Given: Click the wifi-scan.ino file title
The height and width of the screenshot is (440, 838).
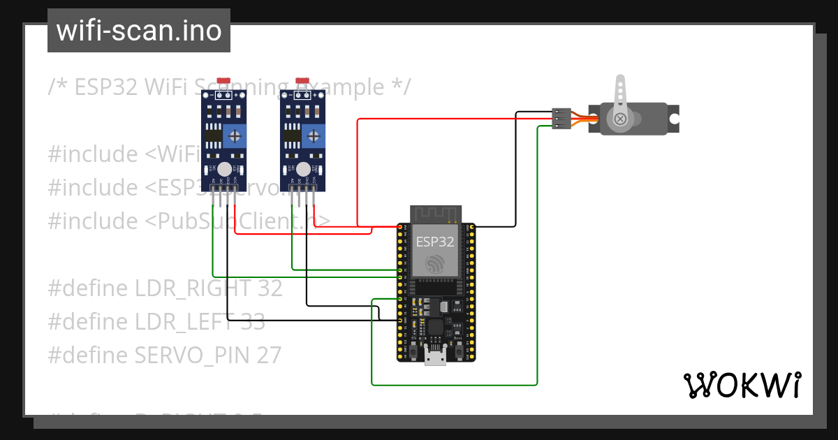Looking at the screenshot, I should (138, 31).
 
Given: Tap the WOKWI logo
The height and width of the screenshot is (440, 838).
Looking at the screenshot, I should (741, 385).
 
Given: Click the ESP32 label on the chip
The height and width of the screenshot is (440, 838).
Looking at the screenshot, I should (435, 242).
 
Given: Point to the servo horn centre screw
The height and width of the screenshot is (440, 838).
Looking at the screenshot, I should (619, 119).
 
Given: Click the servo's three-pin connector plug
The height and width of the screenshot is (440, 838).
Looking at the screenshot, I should (561, 119).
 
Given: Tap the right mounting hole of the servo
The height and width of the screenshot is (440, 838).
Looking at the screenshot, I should (673, 119).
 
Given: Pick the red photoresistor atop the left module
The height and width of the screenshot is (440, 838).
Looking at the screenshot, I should (224, 82).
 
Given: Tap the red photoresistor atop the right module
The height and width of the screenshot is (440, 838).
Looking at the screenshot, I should (302, 82).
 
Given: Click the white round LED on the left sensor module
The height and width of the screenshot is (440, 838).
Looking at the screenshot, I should (224, 169).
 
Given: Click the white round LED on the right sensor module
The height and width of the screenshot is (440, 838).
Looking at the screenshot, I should (302, 169).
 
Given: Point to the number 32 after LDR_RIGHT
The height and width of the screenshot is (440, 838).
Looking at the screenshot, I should (269, 288).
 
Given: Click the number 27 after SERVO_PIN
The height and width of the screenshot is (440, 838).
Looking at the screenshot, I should (268, 355).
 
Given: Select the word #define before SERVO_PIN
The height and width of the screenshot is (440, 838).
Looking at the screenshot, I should (88, 355).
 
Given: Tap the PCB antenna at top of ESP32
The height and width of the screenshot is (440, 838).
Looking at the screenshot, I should (436, 213).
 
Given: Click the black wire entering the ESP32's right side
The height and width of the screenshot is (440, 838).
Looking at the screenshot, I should (496, 227).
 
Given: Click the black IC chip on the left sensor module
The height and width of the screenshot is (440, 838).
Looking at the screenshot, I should (212, 135).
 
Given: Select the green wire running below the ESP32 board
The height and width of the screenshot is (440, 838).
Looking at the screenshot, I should (454, 385).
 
